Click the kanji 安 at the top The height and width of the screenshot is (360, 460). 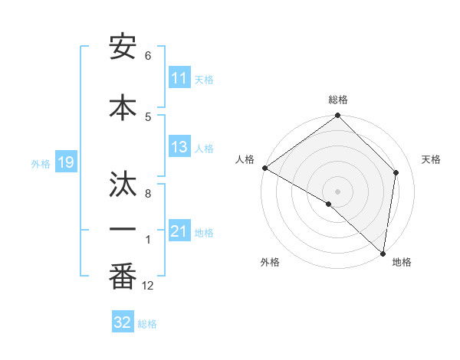123,47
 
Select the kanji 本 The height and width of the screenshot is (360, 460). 123,106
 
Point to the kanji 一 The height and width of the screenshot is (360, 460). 123,229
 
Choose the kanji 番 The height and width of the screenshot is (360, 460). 123,277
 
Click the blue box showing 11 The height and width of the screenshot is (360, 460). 179,78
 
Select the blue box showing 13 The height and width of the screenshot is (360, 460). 179,148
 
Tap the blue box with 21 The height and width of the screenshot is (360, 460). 179,231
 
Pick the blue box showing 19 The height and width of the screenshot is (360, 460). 66,162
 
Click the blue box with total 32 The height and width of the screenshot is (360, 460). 123,322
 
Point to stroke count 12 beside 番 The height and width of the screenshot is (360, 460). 148,286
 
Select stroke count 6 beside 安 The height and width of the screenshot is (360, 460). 148,56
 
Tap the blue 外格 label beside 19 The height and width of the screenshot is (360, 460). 41,163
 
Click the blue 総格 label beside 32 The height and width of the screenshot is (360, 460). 147,323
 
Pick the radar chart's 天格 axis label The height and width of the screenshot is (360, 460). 432,159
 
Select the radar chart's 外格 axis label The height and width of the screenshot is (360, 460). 270,262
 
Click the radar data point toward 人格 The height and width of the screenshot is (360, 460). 264,168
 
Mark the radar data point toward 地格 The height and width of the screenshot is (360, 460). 383,253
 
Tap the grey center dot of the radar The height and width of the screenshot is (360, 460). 338,191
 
